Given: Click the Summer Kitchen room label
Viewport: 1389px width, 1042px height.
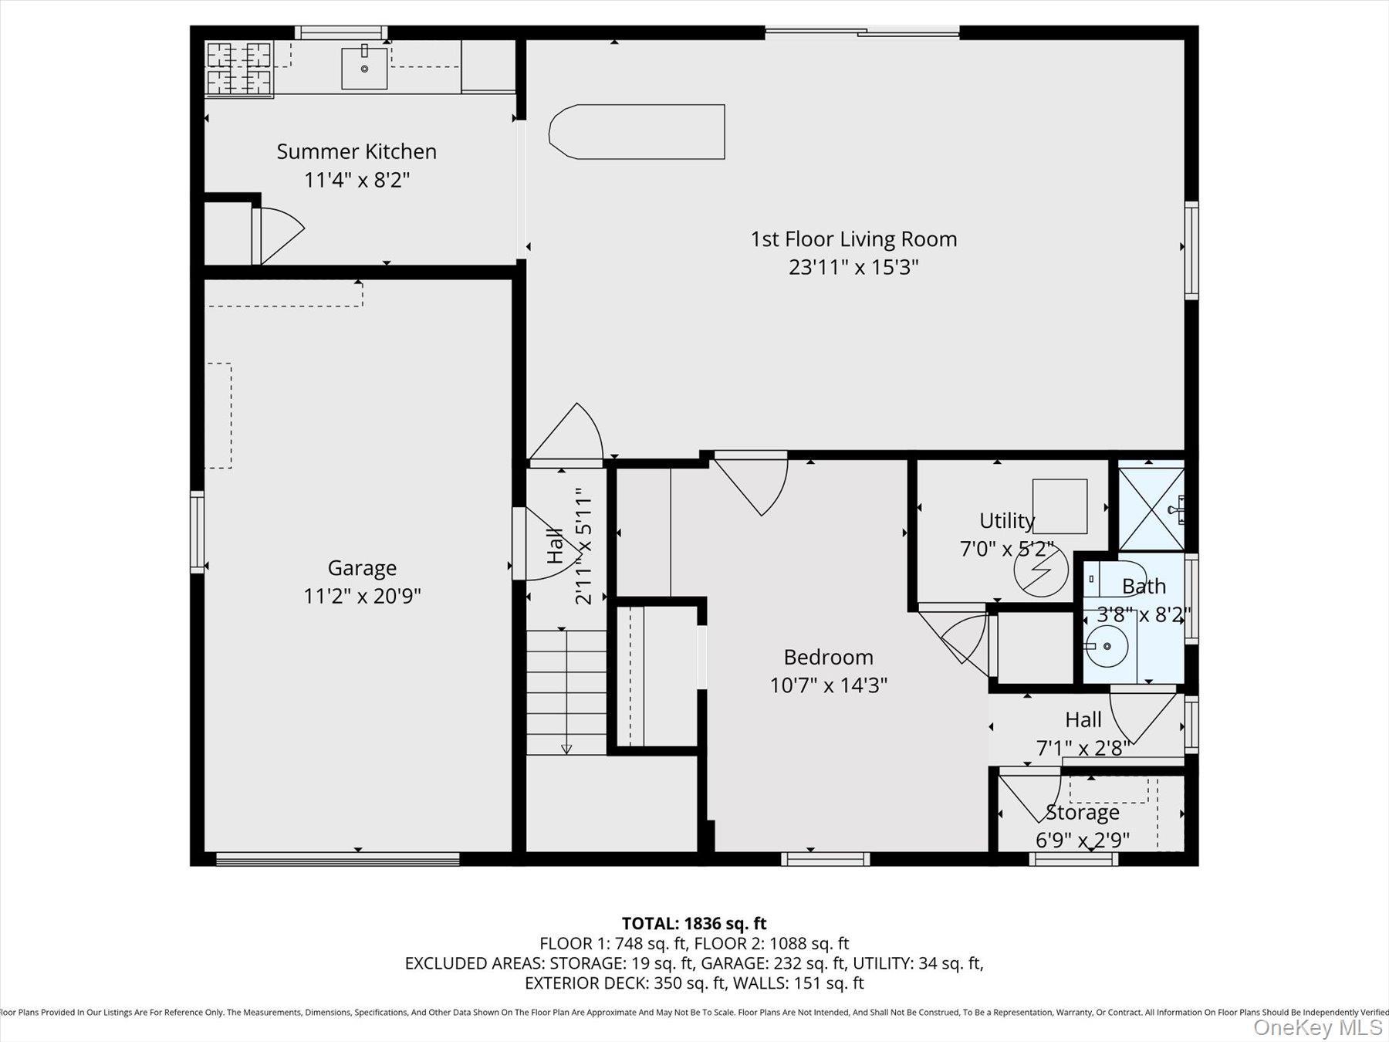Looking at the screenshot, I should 357,151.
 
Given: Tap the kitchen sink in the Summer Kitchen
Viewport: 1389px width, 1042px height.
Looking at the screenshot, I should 364,68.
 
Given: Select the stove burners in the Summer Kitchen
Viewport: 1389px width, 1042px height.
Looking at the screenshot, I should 239,69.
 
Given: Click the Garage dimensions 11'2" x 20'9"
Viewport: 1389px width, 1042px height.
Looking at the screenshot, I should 362,596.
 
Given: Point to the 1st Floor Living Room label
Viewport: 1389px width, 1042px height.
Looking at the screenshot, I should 853,239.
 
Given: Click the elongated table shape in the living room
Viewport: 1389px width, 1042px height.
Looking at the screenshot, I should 637,132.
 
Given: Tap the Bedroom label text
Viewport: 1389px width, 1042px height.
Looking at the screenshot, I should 828,657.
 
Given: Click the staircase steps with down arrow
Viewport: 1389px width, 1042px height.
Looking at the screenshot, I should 566,692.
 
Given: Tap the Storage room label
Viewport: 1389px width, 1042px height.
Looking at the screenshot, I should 1082,813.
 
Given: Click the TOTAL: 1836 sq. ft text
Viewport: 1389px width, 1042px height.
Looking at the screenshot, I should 694,923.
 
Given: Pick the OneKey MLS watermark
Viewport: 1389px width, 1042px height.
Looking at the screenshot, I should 1317,1027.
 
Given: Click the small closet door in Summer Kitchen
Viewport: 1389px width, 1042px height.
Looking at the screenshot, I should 278,234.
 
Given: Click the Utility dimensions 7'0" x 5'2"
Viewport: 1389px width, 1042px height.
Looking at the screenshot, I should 1005,549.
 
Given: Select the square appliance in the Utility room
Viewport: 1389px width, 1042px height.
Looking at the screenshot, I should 1059,506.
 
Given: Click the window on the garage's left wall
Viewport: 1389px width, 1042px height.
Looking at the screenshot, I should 198,533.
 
